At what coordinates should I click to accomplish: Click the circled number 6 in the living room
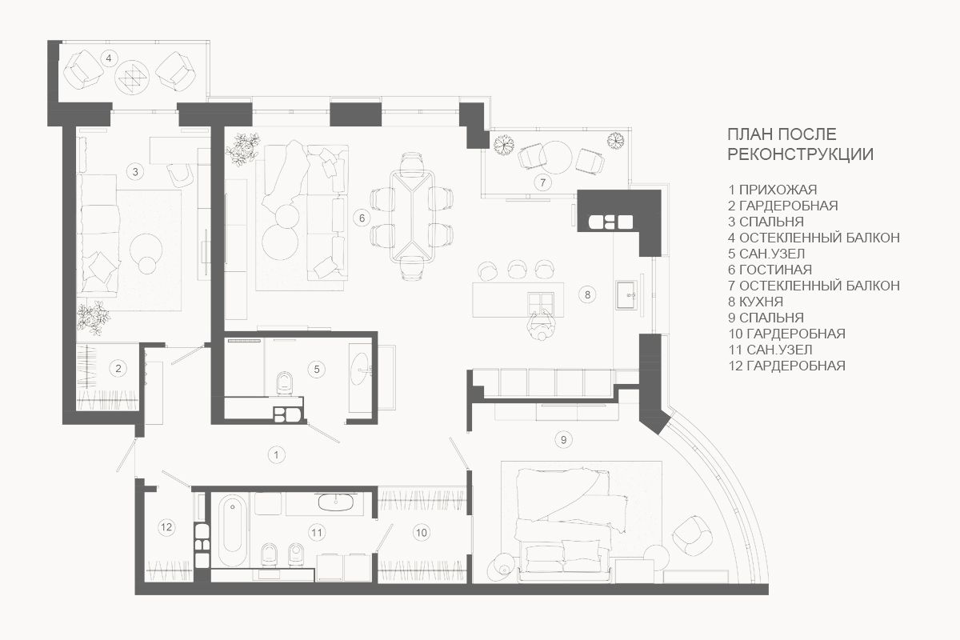pos(362,218)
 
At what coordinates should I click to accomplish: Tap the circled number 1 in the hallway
pos(276,454)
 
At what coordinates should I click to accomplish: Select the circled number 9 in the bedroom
pos(563,439)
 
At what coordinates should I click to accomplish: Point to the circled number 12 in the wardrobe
pos(166,526)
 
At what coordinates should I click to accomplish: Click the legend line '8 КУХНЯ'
pos(755,302)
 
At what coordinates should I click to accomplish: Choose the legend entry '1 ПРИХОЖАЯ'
pos(772,190)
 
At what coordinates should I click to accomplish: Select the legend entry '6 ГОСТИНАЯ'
pos(770,270)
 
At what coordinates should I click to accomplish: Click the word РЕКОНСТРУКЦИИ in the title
pos(800,154)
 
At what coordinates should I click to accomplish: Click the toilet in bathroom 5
pos(284,382)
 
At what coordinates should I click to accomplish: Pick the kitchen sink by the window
pos(626,295)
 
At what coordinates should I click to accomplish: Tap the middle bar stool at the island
pos(517,269)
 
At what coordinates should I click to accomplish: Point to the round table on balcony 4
pos(133,77)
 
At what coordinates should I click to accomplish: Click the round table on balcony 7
pos(555,158)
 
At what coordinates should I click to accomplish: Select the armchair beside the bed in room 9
pos(692,536)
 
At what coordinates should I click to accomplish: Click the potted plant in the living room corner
pos(242,149)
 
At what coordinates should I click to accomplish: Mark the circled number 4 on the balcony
pos(109,58)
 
